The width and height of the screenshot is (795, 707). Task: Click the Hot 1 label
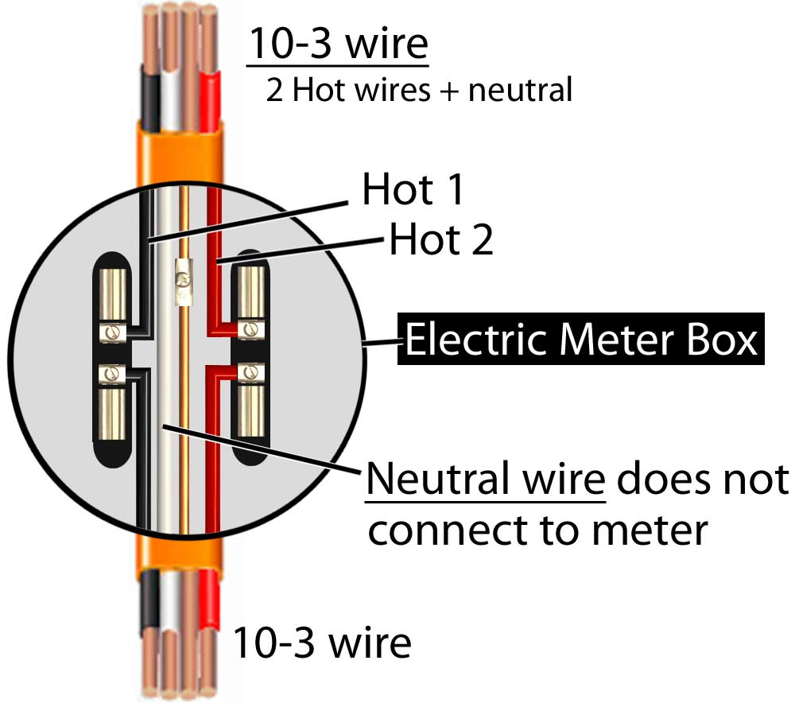tap(413, 191)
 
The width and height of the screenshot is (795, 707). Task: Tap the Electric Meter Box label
tap(581, 340)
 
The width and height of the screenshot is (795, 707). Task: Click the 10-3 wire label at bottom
tap(321, 642)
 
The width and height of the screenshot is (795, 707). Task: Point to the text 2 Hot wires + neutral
tap(419, 90)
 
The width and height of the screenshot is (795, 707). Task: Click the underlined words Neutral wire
tap(485, 480)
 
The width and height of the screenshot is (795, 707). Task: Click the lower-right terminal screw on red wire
tap(252, 371)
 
